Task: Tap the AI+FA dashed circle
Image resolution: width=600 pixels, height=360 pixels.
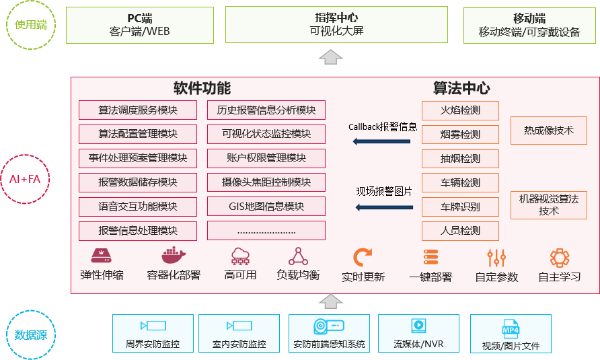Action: point(25,179)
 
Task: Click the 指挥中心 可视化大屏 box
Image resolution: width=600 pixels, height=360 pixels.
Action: point(336,25)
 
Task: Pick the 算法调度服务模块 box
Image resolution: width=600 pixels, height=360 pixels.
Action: point(138,110)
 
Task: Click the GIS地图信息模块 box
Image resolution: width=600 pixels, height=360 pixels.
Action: point(266,207)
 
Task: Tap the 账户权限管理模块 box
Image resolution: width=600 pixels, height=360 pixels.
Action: point(266,159)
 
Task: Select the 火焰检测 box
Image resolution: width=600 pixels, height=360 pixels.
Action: point(460,110)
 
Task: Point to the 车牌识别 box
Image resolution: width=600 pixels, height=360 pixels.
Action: point(460,207)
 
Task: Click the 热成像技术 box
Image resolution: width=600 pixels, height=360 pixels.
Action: point(548,131)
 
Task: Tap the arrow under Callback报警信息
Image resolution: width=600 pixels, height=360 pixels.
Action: point(383,141)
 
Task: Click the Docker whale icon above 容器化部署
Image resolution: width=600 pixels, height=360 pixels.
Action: point(173,256)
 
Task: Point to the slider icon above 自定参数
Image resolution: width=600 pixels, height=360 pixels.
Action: point(496,258)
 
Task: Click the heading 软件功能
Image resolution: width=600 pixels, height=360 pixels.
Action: point(202,88)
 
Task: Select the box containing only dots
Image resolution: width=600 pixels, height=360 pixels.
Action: point(266,231)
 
